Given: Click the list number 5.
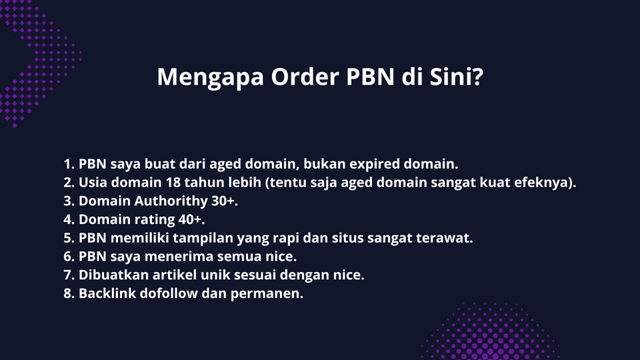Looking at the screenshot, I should tap(68, 238).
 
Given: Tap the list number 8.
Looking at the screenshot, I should tap(68, 294).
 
